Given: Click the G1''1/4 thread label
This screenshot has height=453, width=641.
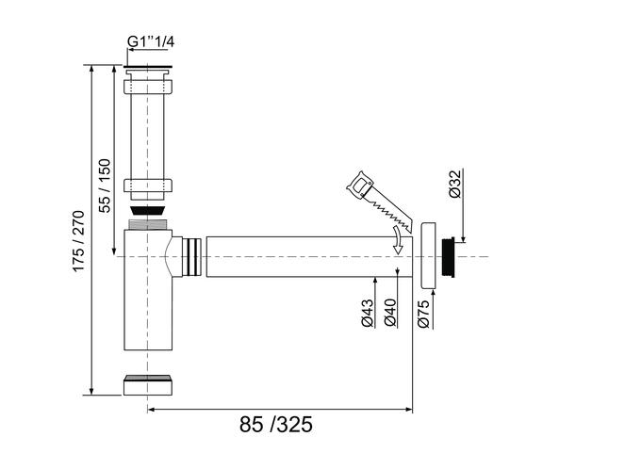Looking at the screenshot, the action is click(x=151, y=41).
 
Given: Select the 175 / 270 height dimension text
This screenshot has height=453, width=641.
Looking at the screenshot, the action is click(x=78, y=241).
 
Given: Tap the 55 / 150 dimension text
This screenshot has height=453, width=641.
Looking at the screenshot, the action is click(x=105, y=186).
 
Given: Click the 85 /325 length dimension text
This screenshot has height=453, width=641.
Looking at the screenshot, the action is click(x=276, y=425).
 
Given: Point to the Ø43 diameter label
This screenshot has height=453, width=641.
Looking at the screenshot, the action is click(x=368, y=313).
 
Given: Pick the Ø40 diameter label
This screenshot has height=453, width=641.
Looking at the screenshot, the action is click(x=390, y=313).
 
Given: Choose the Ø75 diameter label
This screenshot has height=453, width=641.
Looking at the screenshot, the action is click(x=423, y=314).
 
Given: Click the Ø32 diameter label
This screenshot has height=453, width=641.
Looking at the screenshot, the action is click(x=454, y=185).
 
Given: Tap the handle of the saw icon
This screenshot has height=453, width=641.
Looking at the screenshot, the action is click(x=360, y=185).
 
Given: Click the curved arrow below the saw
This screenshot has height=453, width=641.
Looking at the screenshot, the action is click(x=398, y=240).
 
